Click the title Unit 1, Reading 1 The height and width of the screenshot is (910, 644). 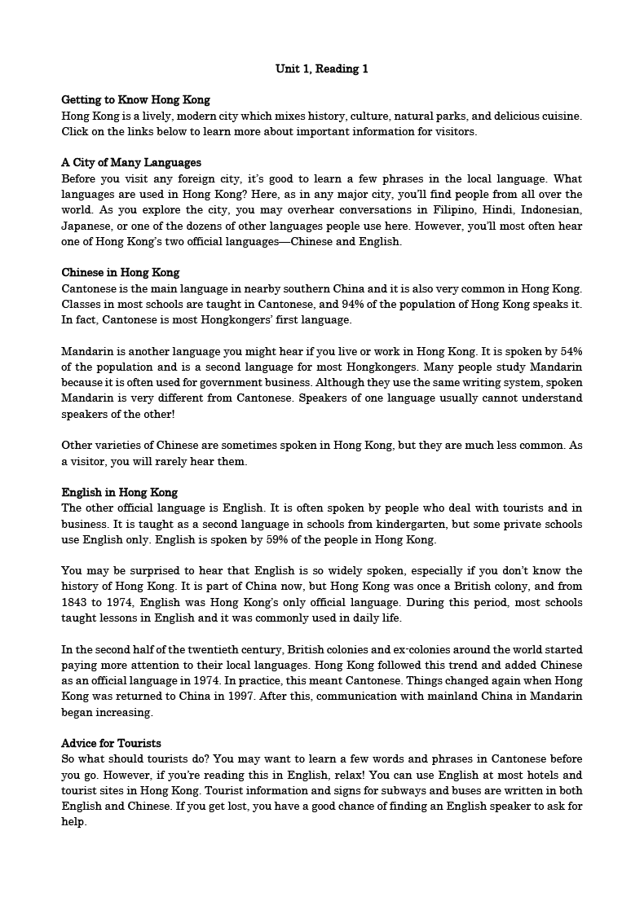[322, 69]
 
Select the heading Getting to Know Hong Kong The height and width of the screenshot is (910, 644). [135, 100]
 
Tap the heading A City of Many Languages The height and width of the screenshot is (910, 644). [131, 163]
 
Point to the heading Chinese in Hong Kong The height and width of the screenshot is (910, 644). [121, 273]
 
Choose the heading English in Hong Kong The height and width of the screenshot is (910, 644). [120, 493]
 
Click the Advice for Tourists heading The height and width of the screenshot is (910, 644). [112, 744]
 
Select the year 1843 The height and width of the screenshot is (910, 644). [76, 603]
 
